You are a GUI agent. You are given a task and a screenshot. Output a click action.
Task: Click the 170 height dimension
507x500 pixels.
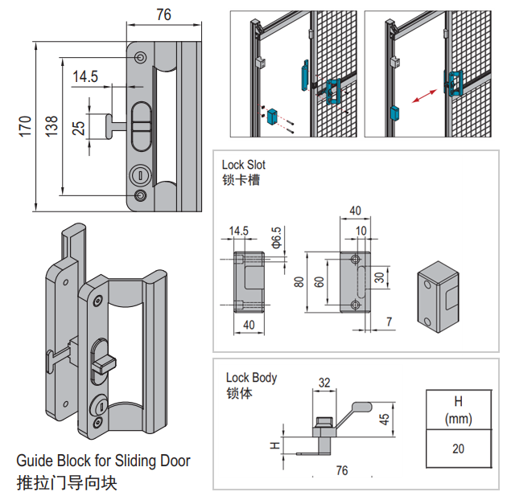point(25,125)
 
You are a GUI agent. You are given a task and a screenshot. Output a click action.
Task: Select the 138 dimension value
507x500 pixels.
point(51,125)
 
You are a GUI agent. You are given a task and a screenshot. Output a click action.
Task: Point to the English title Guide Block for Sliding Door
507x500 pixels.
point(104,461)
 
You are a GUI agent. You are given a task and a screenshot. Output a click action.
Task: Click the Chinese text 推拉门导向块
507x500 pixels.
point(72,484)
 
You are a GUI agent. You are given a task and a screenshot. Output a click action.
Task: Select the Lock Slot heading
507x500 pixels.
point(243,165)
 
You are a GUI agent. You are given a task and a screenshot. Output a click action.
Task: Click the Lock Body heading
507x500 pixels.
point(251,377)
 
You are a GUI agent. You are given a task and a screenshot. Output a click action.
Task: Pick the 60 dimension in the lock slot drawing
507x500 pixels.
point(320,282)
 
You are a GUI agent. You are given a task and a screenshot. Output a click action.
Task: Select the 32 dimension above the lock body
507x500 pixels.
point(324,383)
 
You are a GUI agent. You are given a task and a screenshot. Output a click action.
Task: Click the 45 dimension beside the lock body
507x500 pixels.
point(385,419)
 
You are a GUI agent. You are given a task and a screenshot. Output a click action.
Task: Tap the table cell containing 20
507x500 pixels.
point(458,449)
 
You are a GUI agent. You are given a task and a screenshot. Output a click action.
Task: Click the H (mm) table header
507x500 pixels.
point(458,409)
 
